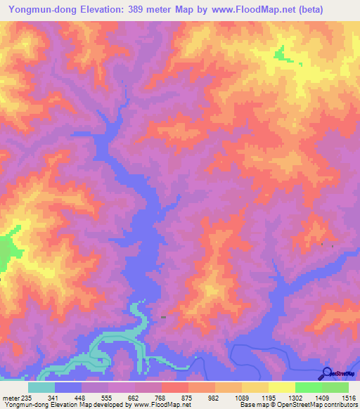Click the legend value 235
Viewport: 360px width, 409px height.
pyautogui.click(x=27, y=398)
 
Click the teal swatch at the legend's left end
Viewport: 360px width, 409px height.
pyautogui.click(x=41, y=387)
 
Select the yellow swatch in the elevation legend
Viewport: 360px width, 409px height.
pyautogui.click(x=282, y=387)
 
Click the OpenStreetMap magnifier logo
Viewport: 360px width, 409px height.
pyautogui.click(x=326, y=372)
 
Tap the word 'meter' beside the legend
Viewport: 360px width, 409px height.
pyautogui.click(x=11, y=398)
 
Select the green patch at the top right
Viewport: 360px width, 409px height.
pyautogui.click(x=281, y=53)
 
